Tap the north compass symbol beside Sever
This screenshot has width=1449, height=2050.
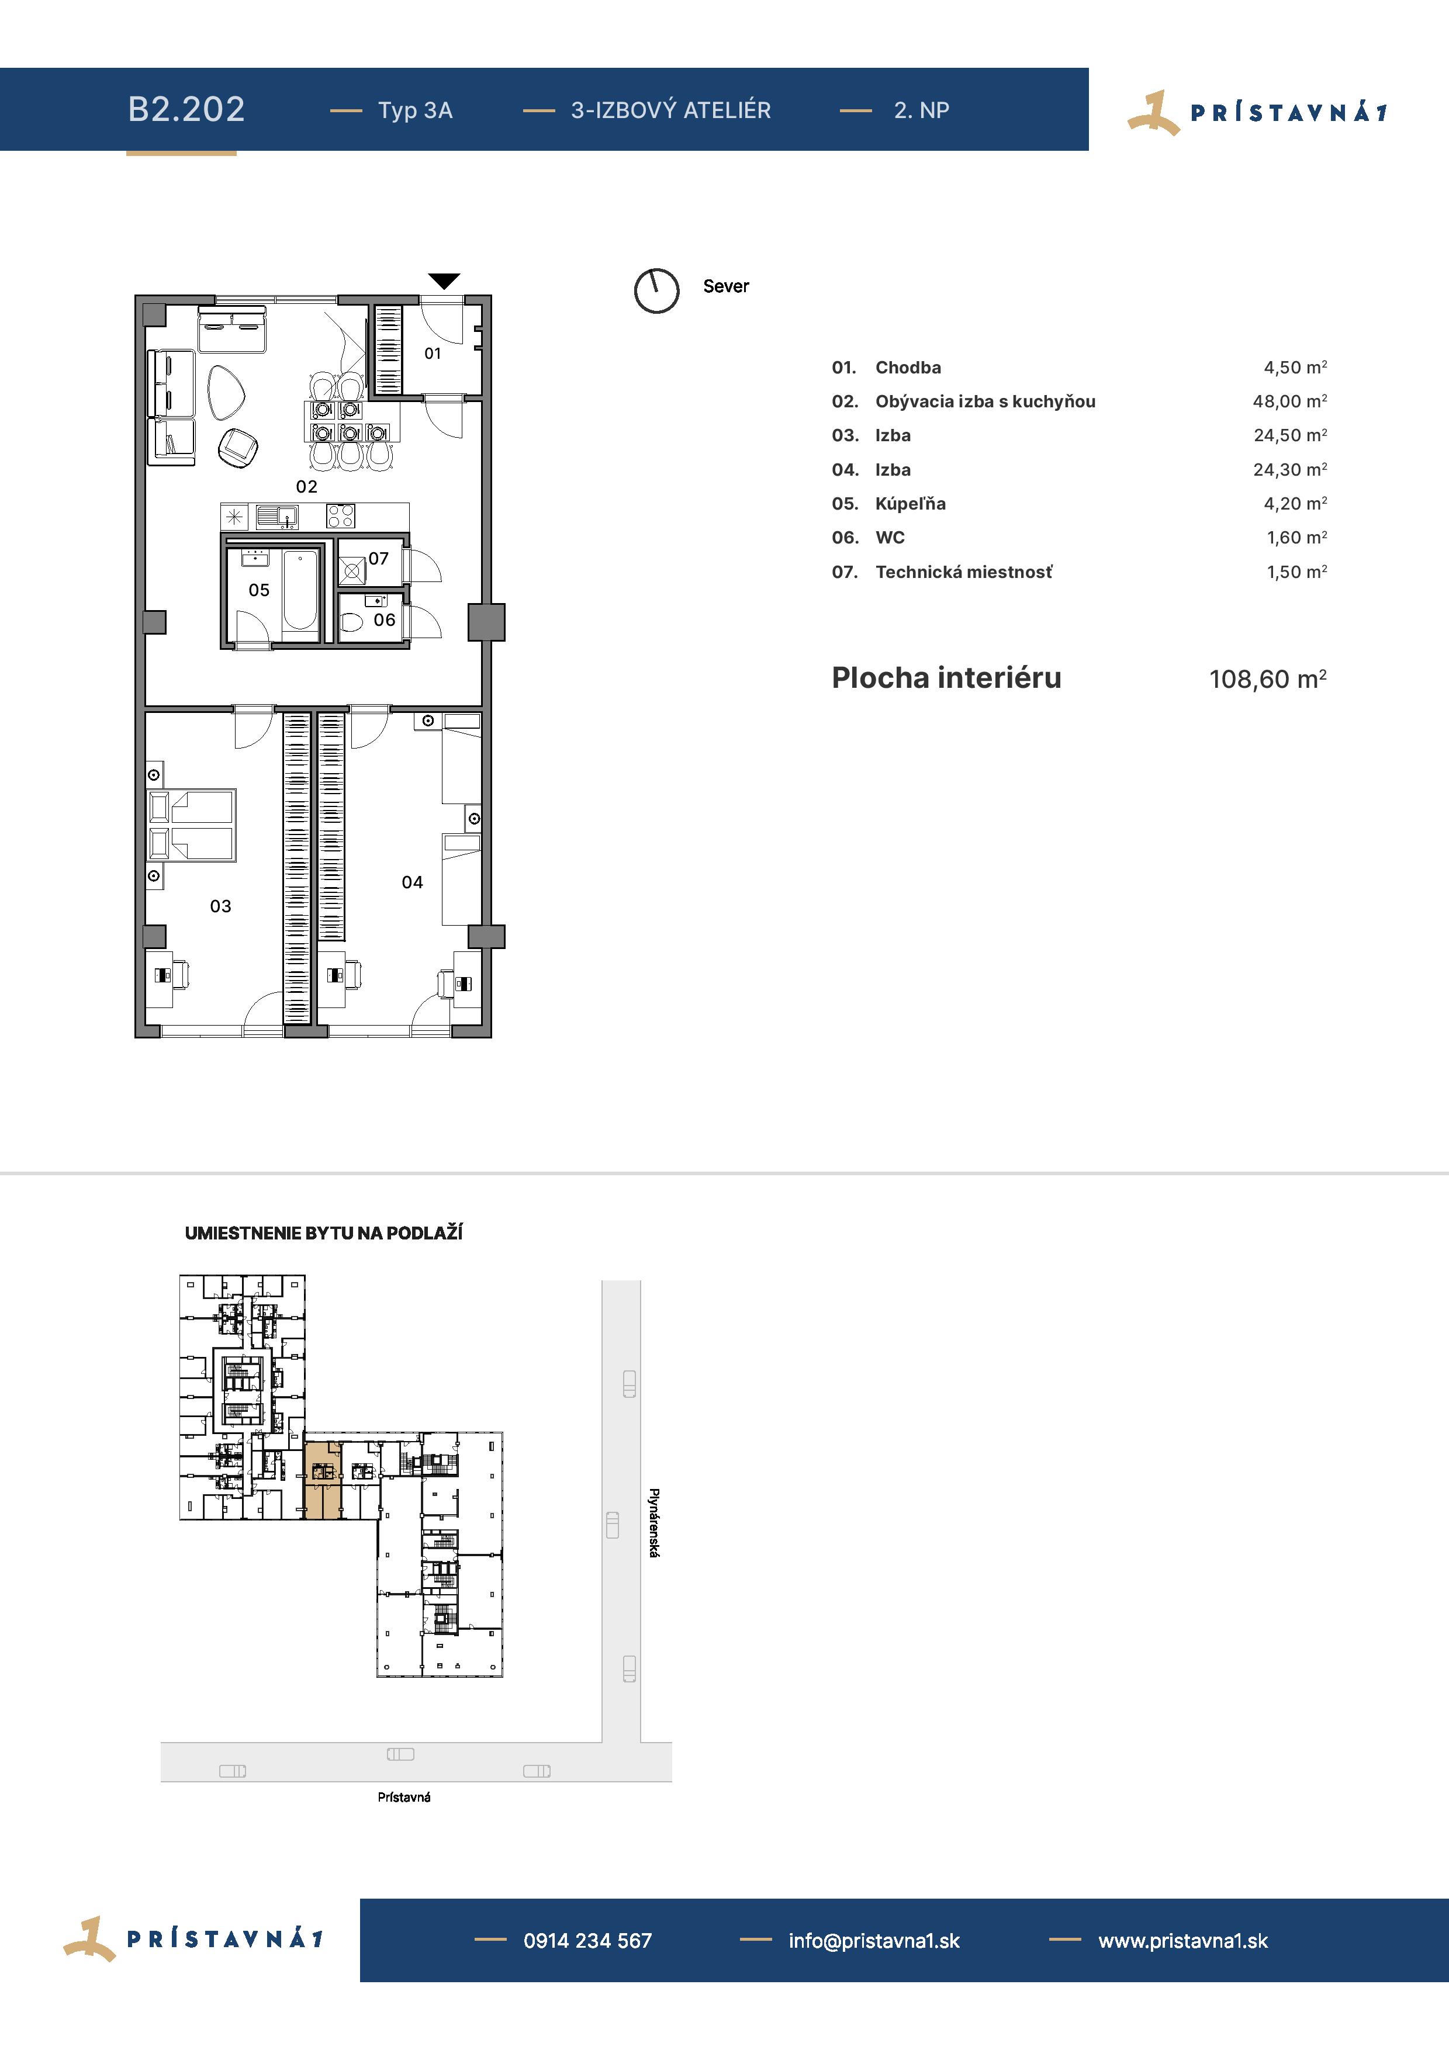tap(656, 290)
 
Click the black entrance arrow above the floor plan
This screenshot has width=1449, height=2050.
tap(444, 281)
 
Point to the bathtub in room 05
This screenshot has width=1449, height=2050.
tap(300, 591)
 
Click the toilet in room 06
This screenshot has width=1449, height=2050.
tap(352, 621)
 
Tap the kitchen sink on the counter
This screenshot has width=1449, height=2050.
tap(276, 516)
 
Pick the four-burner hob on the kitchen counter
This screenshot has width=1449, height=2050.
tap(340, 516)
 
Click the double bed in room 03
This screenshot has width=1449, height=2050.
tap(192, 825)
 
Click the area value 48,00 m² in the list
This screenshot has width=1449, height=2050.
tap(1289, 401)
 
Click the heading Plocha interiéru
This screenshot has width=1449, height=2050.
tap(946, 678)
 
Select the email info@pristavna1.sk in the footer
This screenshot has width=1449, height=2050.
tap(874, 1940)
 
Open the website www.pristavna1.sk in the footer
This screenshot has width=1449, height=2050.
tap(1183, 1940)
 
